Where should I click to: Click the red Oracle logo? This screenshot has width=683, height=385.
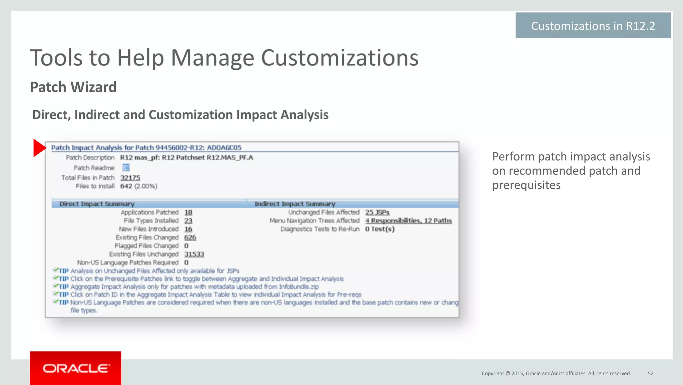tap(75, 368)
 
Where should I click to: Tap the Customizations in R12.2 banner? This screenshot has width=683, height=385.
tap(593, 26)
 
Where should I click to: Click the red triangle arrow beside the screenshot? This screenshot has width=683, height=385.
tap(39, 148)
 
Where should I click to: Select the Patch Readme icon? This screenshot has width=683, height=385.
tap(126, 168)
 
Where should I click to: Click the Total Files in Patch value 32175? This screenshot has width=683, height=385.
tap(130, 178)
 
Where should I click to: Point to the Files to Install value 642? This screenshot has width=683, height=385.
tap(126, 186)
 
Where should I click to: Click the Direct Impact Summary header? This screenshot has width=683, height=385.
tap(97, 204)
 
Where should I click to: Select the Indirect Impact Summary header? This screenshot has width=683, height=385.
tap(295, 204)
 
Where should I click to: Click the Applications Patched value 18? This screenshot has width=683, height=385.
tap(188, 212)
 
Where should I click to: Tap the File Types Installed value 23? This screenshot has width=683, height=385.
tap(188, 221)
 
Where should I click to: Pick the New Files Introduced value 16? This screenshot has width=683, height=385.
tap(188, 229)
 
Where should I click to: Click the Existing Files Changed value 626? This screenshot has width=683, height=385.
tap(190, 237)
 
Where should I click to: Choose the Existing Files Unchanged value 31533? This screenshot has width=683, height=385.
tap(194, 254)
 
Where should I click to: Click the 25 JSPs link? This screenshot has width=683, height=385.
tap(377, 212)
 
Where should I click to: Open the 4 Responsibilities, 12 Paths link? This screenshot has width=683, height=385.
tap(409, 221)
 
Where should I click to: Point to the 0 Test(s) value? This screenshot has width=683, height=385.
tap(380, 229)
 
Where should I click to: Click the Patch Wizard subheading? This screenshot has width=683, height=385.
tap(73, 87)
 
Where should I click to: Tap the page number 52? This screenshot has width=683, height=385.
tap(651, 373)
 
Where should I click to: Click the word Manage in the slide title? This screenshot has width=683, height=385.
tap(212, 58)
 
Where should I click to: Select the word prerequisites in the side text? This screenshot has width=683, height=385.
tap(526, 185)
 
